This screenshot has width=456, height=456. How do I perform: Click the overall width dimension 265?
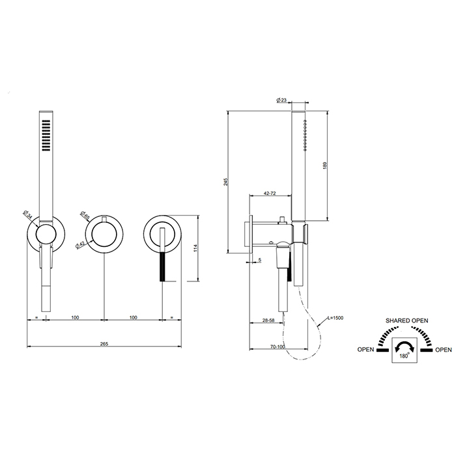coord(104,344)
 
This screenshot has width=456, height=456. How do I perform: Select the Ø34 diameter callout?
coord(27,214)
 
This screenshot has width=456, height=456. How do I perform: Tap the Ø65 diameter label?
coord(84,214)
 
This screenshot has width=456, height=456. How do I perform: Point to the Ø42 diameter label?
coord(80,244)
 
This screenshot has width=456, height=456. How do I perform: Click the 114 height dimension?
coord(195,248)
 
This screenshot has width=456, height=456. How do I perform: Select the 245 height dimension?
coord(226,182)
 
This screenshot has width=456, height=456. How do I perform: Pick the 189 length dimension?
coord(325,165)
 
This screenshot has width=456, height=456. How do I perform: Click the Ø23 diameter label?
coord(281,100)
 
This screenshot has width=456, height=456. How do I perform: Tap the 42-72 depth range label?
coord(270,193)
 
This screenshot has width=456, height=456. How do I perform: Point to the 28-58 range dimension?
coord(268,321)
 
